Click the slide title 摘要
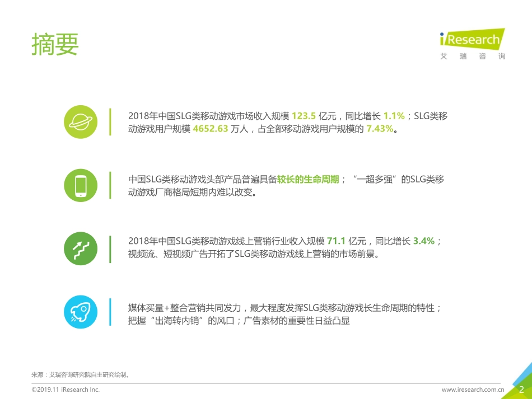tap(55, 45)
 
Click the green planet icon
tap(81, 121)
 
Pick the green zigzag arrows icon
tap(81, 247)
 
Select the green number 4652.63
tap(210, 129)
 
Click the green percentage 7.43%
tap(380, 129)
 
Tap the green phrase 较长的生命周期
tap(308, 180)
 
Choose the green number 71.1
tap(336, 241)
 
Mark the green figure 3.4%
tap(424, 241)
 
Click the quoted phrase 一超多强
tap(378, 180)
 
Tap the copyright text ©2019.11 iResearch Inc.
tap(66, 389)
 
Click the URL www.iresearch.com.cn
tap(473, 389)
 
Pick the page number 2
tap(521, 389)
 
